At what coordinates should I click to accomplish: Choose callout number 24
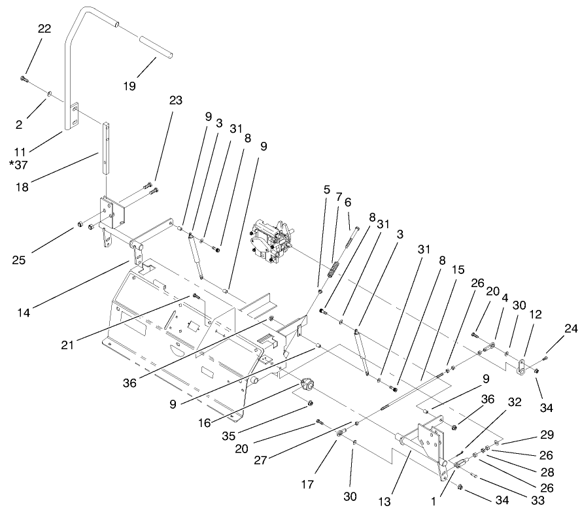tap(571, 329)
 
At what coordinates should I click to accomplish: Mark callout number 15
tap(458, 269)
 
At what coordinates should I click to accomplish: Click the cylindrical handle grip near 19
tap(155, 50)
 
